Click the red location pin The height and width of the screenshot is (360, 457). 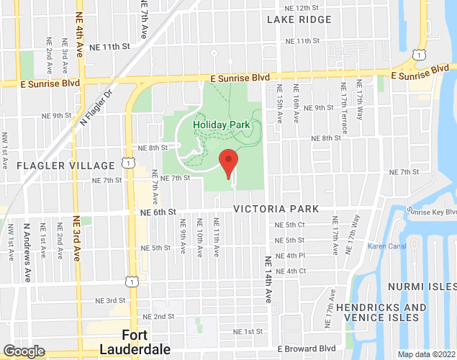(x=228, y=162)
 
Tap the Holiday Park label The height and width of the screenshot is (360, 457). (x=222, y=125)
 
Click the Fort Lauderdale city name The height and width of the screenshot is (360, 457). (x=146, y=342)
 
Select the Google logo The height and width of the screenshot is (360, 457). (x=24, y=351)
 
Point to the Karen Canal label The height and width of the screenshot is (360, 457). (x=387, y=246)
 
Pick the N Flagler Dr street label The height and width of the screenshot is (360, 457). (x=97, y=104)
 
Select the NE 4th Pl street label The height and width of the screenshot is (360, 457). (x=291, y=256)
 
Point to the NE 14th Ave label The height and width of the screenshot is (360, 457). (x=268, y=279)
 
